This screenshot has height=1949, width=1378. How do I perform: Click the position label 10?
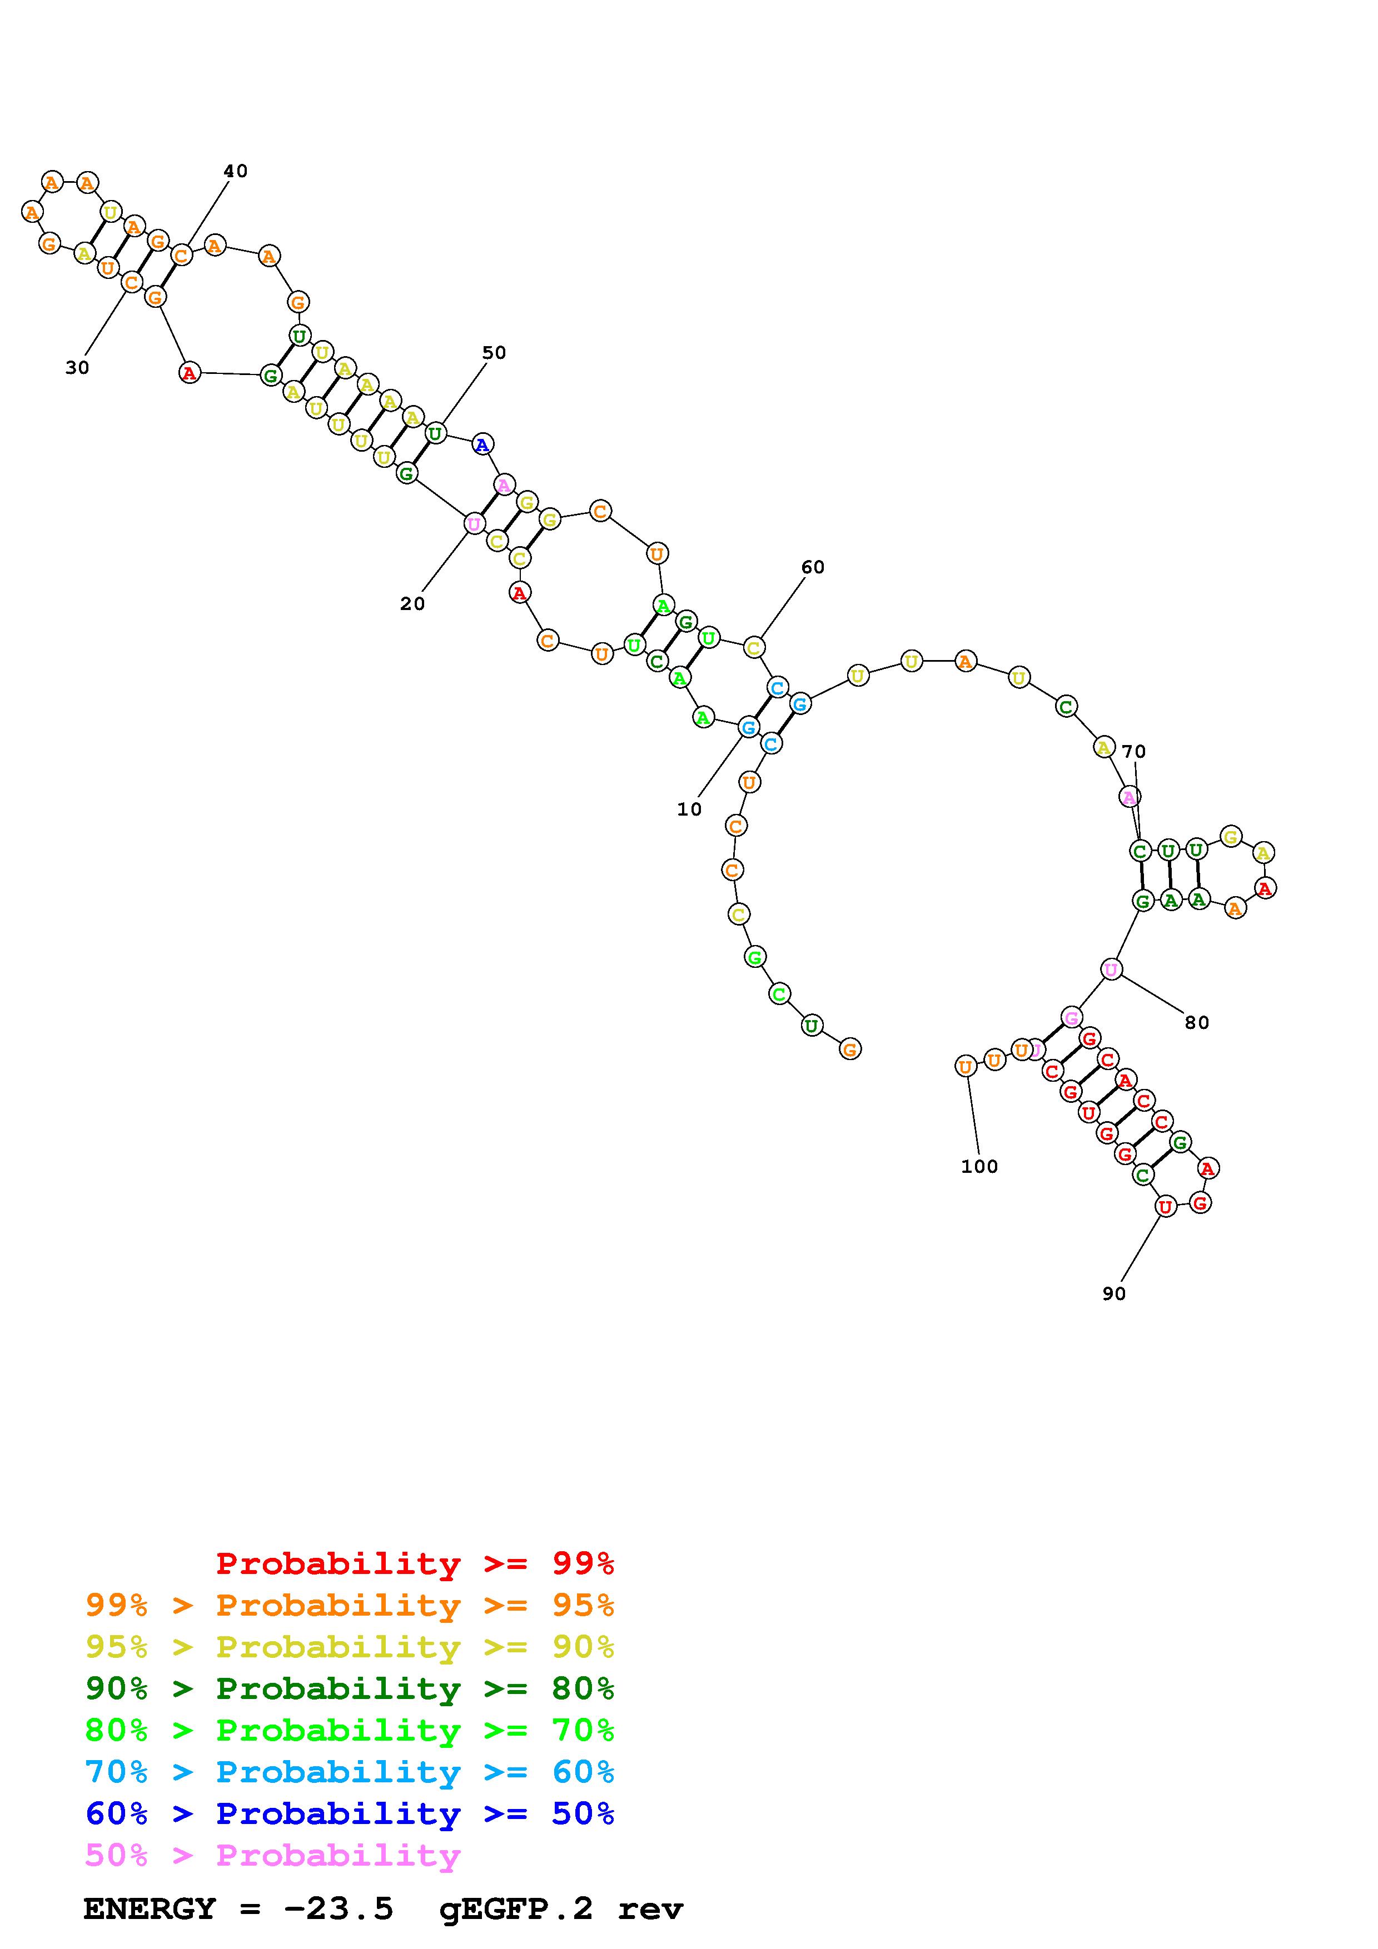coord(689,810)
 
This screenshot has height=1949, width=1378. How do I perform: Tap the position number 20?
coord(412,604)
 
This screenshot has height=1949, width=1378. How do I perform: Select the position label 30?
coord(77,368)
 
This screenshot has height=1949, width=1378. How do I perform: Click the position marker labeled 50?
coord(494,353)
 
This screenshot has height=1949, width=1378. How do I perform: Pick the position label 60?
coord(813,567)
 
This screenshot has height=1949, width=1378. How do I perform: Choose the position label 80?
coord(1197,1023)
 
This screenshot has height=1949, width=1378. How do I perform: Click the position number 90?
coord(1114,1293)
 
